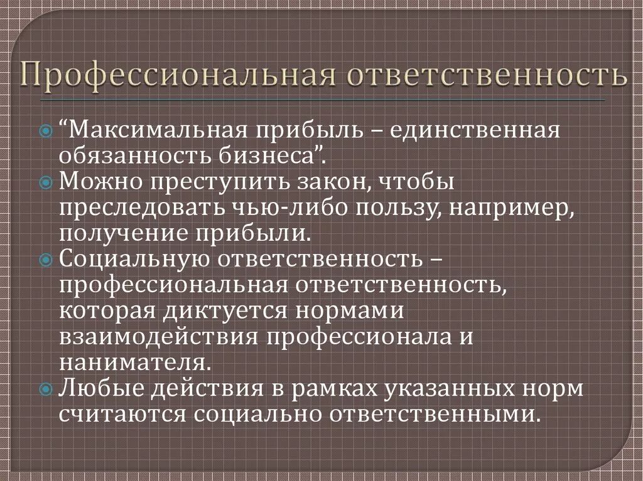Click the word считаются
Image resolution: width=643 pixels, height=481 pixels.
[x=122, y=414]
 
